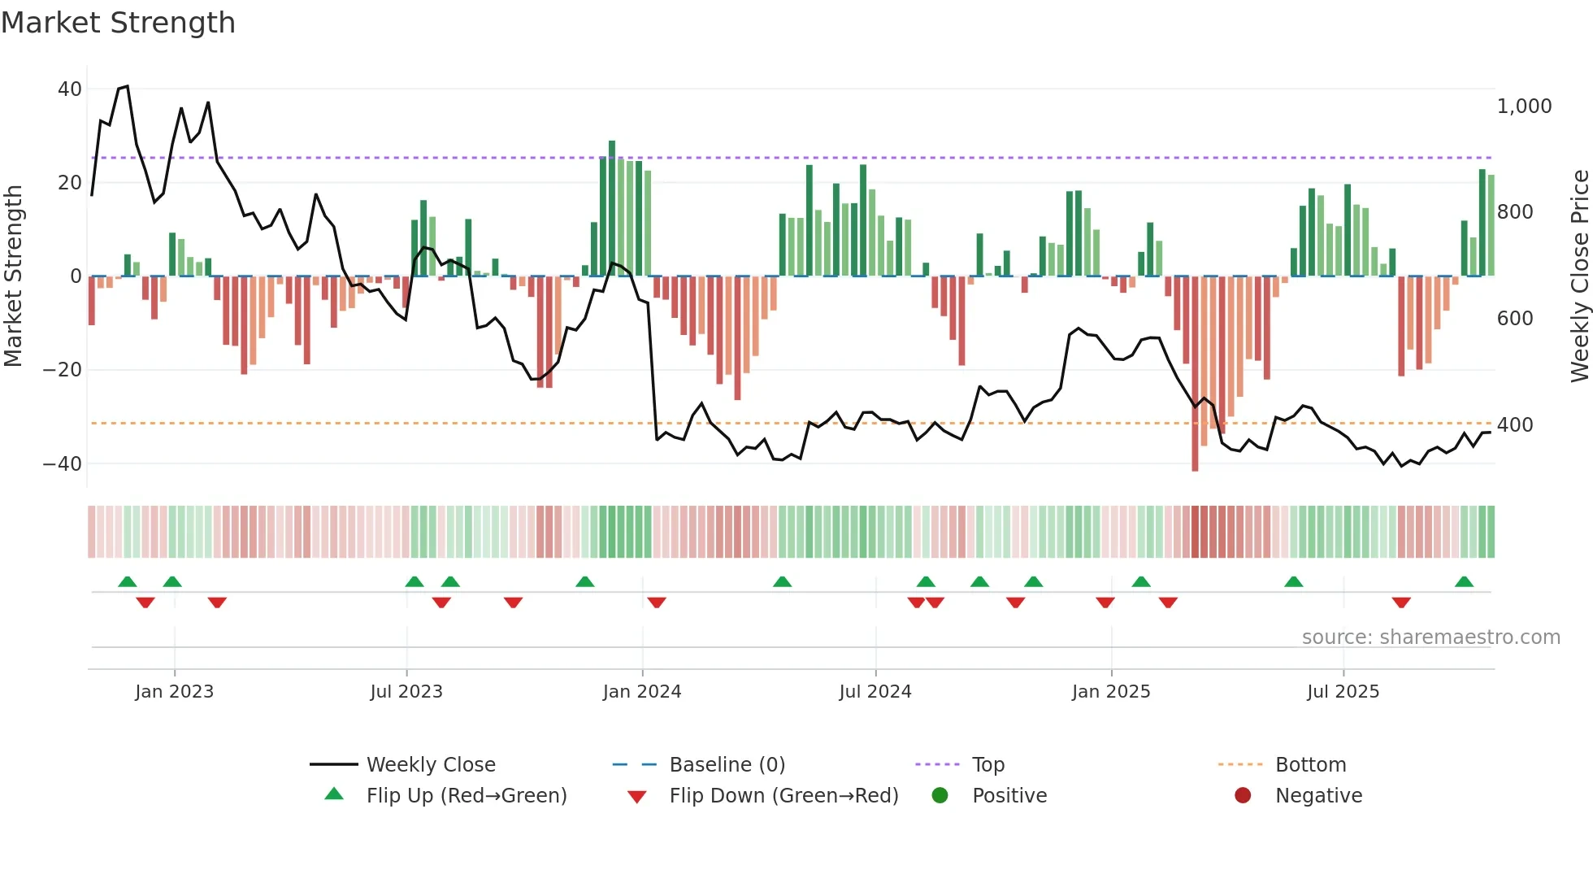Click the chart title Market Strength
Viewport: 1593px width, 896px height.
(118, 23)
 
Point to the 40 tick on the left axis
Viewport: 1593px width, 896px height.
(70, 89)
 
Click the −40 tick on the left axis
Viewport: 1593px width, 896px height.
(63, 464)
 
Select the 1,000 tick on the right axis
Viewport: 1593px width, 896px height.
(1524, 107)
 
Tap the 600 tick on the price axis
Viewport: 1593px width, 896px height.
(1515, 319)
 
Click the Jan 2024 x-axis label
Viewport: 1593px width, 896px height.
(641, 692)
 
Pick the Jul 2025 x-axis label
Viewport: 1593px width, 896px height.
(1343, 692)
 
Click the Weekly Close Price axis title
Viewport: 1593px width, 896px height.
(1579, 276)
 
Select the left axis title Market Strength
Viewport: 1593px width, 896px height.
(14, 276)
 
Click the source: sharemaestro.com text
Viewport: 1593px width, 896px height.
(1430, 637)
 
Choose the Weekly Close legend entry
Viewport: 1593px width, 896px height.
(430, 765)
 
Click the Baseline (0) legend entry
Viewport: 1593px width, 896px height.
(727, 765)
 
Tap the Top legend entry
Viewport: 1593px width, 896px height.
(987, 765)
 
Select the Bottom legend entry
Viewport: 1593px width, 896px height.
(1310, 765)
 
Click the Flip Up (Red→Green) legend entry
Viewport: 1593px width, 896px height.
(466, 796)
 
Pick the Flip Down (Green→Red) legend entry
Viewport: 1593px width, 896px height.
(783, 796)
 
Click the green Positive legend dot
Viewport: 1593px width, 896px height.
(940, 796)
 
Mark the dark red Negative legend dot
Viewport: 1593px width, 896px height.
(1243, 796)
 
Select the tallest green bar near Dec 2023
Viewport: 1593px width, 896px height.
(612, 208)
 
